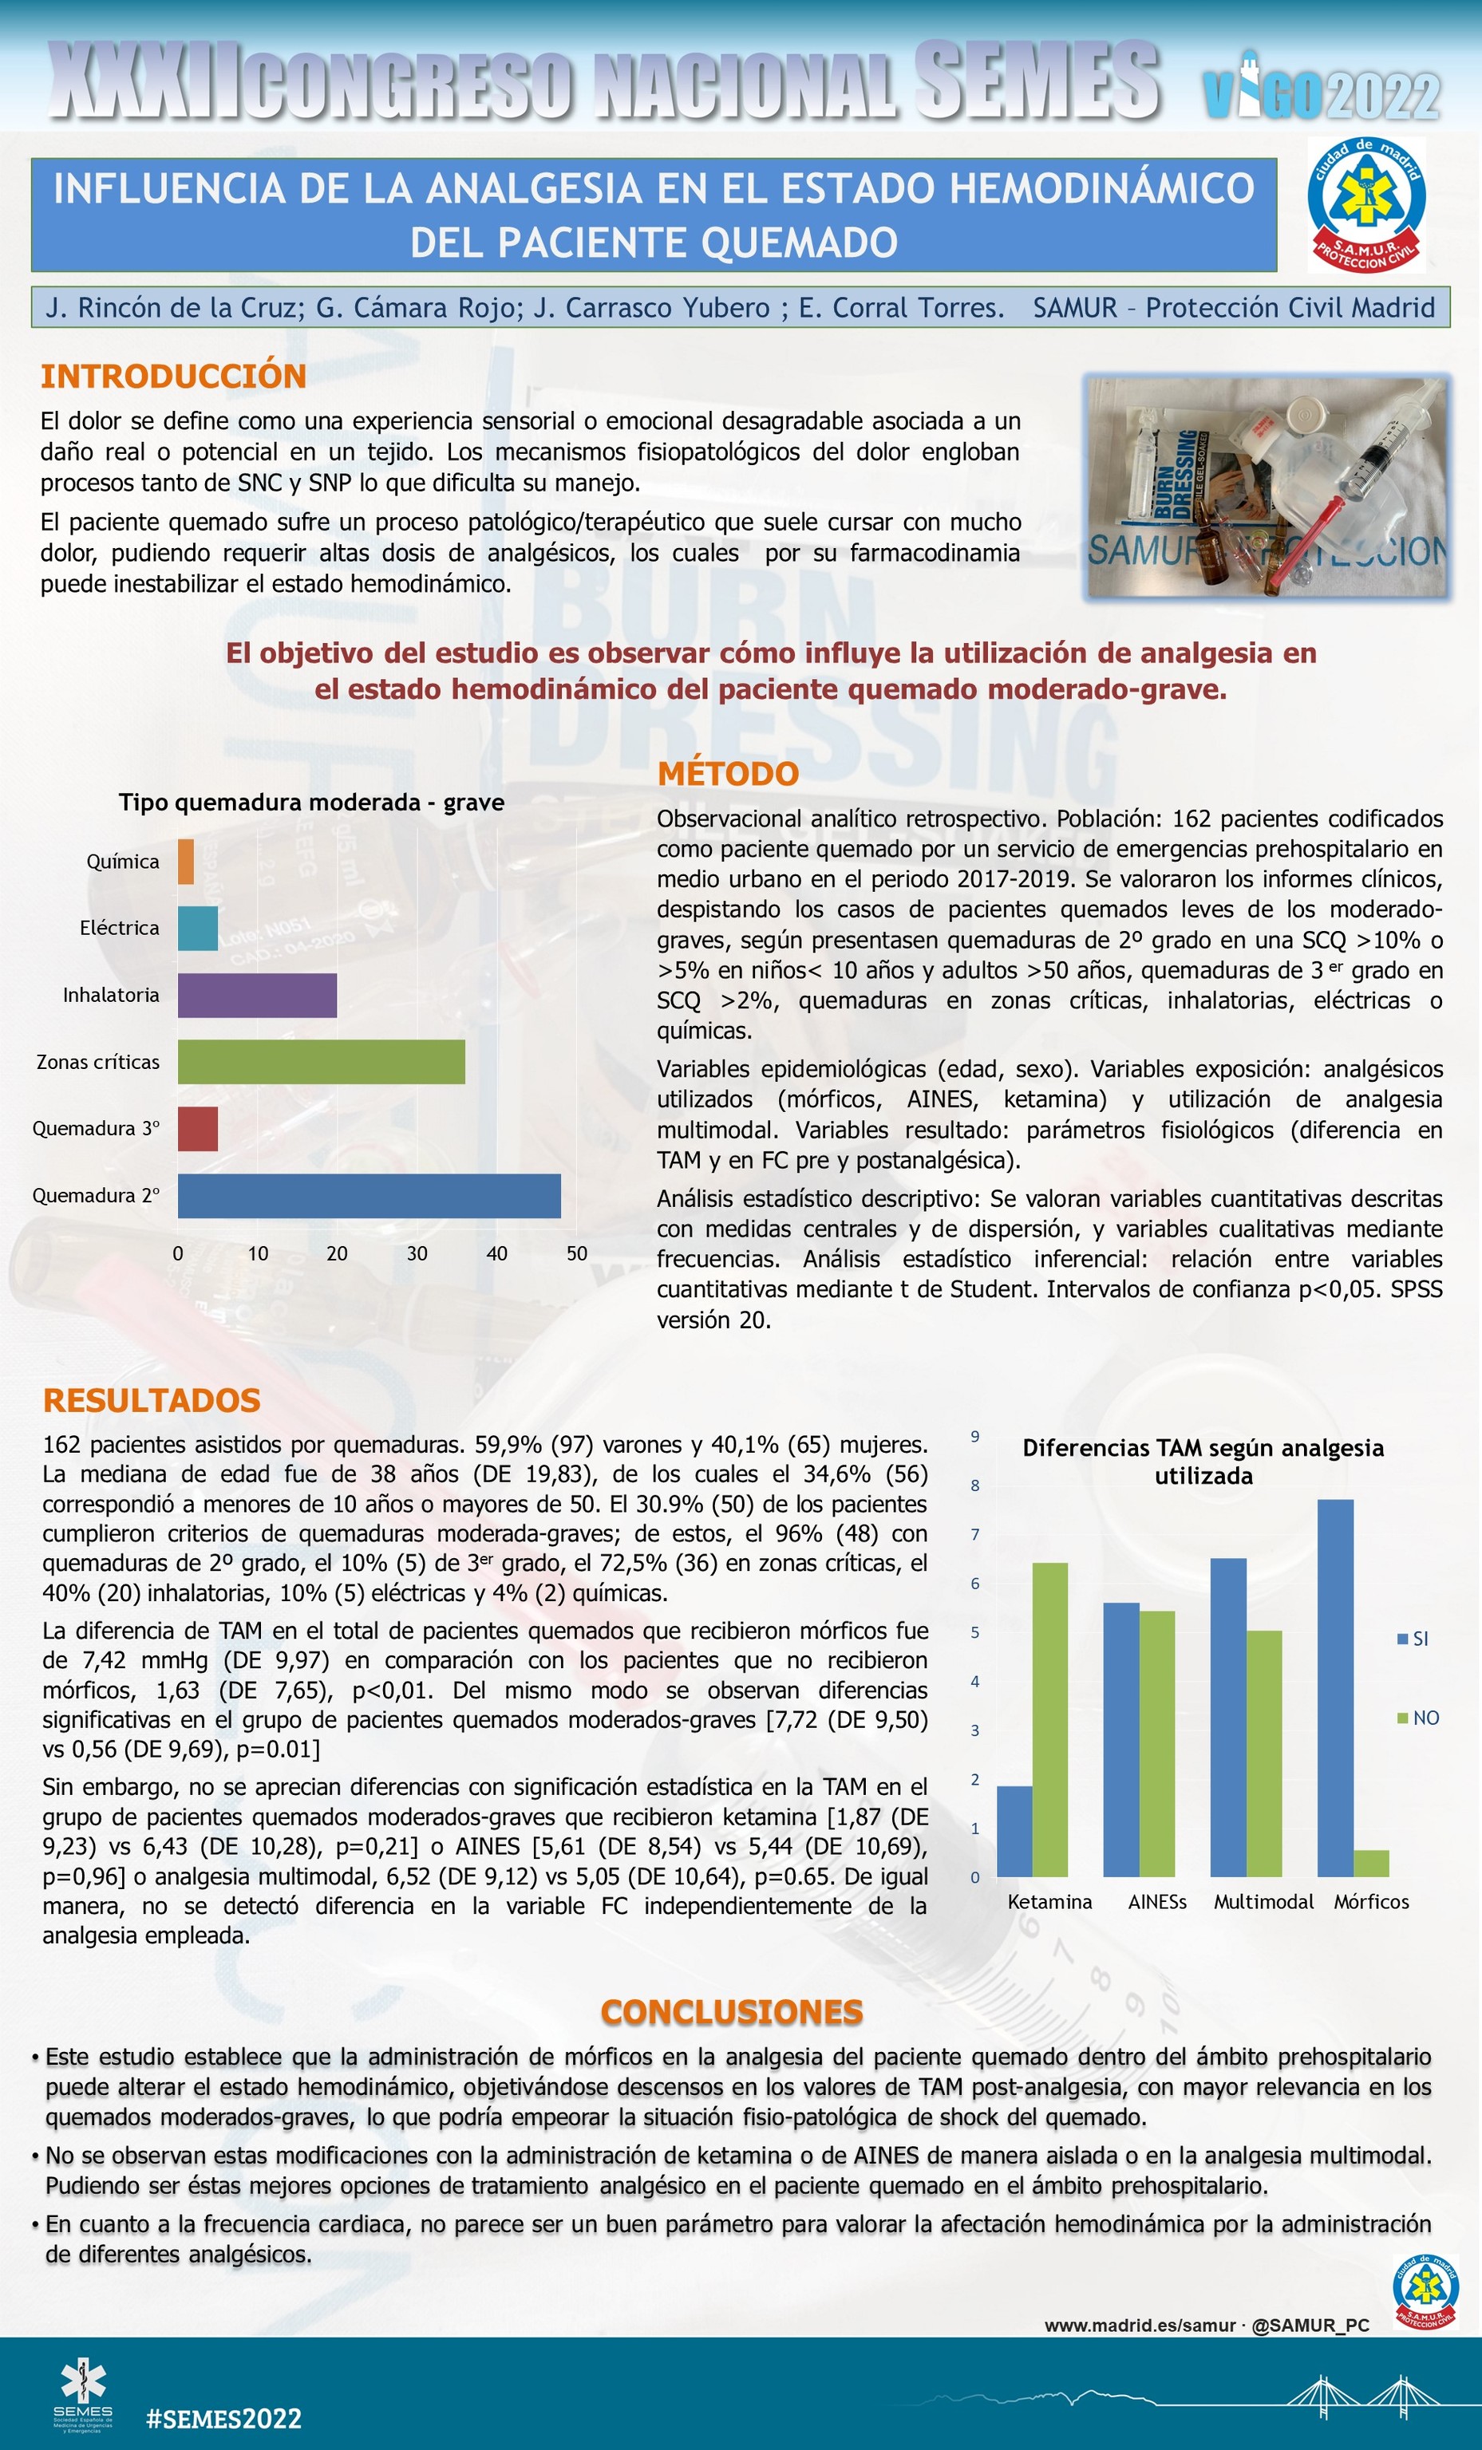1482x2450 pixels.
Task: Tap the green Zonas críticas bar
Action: pyautogui.click(x=320, y=1062)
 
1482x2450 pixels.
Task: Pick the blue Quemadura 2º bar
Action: pyautogui.click(x=368, y=1195)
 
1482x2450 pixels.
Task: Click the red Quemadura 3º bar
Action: pyautogui.click(x=197, y=1129)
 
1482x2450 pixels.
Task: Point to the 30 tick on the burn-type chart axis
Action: pyautogui.click(x=417, y=1254)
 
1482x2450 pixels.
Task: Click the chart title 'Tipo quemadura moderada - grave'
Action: pyautogui.click(x=311, y=803)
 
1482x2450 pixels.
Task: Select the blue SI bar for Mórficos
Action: pyautogui.click(x=1335, y=1687)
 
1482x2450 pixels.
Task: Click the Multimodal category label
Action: pyautogui.click(x=1263, y=1901)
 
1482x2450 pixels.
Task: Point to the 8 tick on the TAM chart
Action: pyautogui.click(x=974, y=1485)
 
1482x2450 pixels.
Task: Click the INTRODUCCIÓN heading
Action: pyautogui.click(x=173, y=376)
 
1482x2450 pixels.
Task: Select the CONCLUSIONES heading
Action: pyautogui.click(x=731, y=2013)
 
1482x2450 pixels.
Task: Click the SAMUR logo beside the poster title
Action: pyautogui.click(x=1365, y=206)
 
